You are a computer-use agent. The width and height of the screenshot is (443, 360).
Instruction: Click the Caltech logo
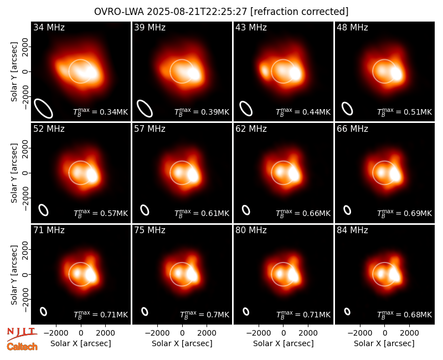(22, 347)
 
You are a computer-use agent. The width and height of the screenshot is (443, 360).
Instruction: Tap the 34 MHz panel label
(49, 27)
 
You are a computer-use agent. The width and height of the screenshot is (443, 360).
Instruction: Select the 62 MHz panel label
(251, 129)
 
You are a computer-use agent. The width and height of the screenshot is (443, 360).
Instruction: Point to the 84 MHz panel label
(352, 230)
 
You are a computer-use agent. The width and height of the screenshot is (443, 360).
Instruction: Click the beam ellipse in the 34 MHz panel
(44, 108)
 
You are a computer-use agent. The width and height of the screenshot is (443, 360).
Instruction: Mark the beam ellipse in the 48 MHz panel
(347, 109)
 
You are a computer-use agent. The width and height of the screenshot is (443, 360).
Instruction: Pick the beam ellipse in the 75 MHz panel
(145, 311)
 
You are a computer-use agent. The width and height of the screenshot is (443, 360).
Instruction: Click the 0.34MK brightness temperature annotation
(101, 112)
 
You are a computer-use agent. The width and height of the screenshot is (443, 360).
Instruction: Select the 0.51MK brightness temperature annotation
(405, 112)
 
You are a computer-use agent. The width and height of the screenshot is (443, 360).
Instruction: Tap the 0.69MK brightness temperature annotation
(405, 213)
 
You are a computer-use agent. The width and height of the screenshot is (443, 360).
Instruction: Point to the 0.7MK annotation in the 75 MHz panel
(204, 315)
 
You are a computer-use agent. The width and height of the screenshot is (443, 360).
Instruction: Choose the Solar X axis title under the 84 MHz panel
(384, 343)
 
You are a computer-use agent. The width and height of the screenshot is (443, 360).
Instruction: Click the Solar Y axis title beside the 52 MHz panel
(14, 173)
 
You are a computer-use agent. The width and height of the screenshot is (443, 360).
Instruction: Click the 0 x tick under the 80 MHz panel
(284, 333)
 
